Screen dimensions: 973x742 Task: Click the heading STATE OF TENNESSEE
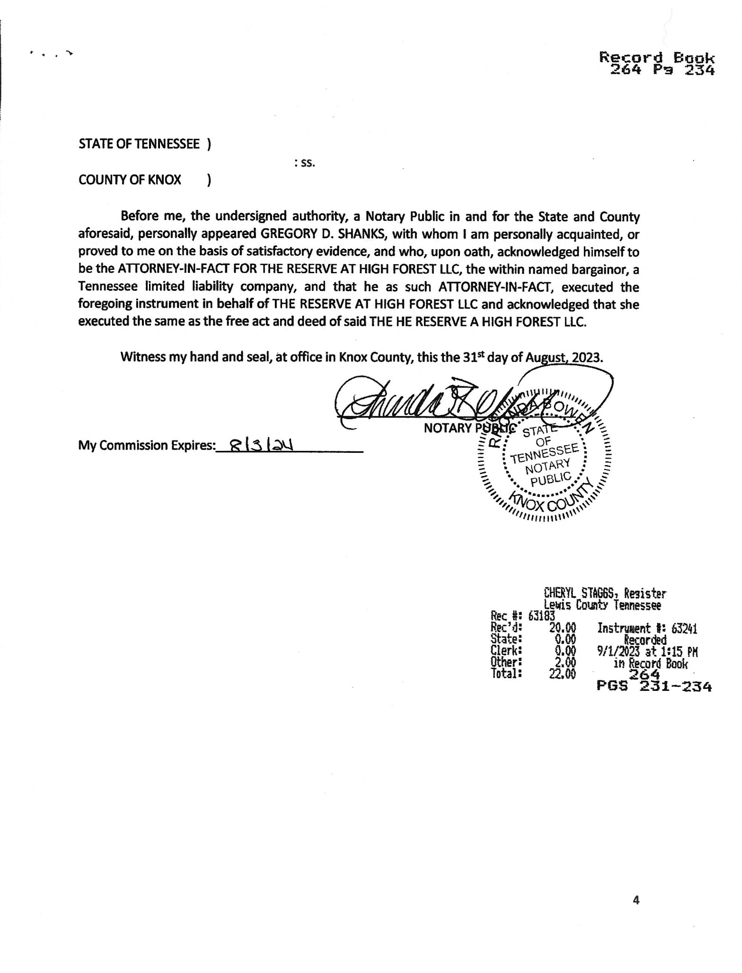coord(139,144)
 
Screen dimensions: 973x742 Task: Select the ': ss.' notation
coord(305,163)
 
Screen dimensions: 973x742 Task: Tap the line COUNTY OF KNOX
coord(130,180)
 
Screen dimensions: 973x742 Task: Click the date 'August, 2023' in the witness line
coord(564,357)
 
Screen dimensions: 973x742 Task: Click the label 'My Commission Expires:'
coord(146,446)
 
